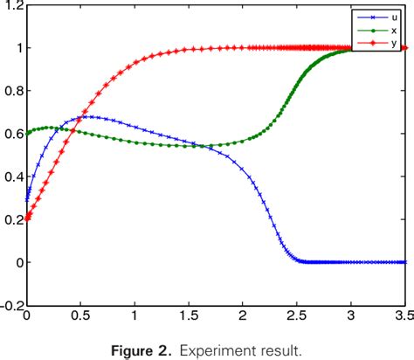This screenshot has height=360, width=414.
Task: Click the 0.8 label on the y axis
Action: (x=12, y=91)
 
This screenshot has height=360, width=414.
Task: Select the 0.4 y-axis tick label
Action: (x=12, y=177)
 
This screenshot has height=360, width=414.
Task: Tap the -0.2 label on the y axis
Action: (x=10, y=306)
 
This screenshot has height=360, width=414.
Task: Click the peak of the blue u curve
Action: (x=89, y=116)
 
